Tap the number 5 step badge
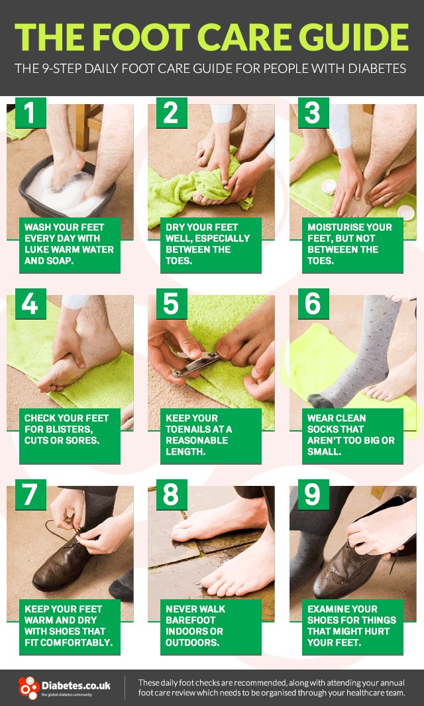171,304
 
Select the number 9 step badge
313,495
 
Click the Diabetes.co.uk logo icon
28,687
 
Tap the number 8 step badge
171,495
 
